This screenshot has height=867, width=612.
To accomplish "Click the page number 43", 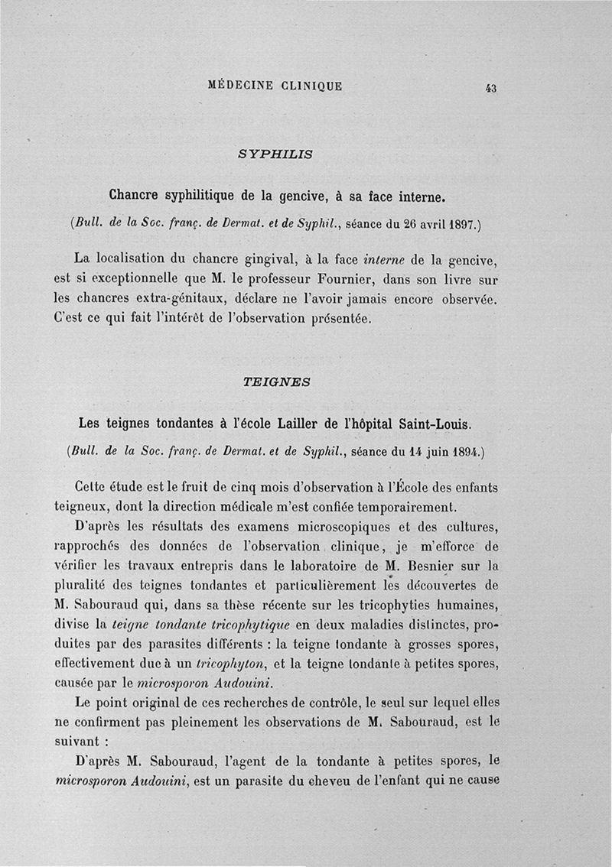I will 490,88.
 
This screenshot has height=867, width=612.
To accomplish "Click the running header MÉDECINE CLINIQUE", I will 275,86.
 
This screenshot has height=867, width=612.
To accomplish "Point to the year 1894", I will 461,452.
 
